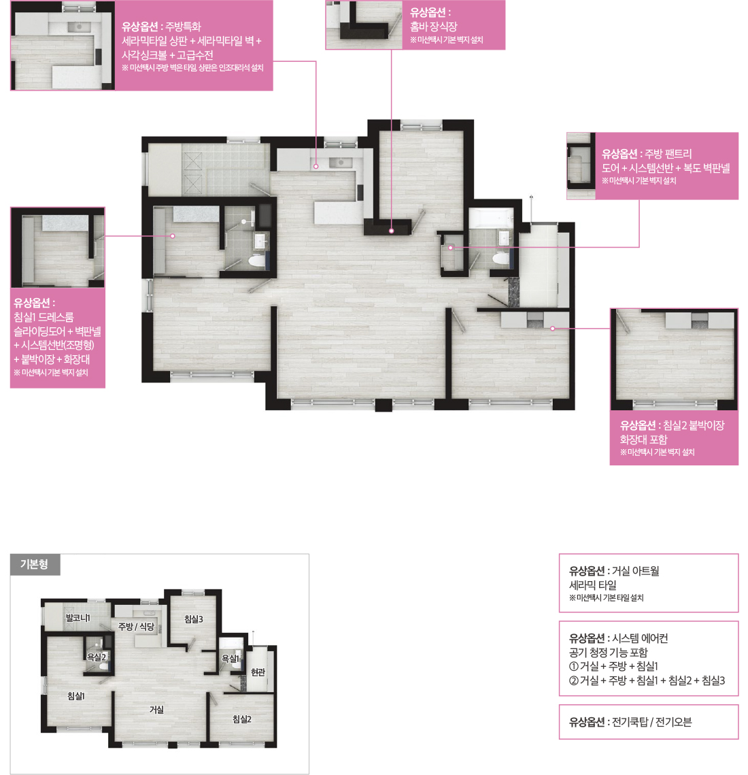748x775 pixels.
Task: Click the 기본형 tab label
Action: point(35,565)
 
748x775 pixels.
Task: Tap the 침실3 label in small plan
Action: point(194,619)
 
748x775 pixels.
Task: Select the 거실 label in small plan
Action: point(156,710)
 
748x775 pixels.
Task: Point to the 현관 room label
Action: point(258,672)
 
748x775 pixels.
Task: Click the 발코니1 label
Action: point(78,618)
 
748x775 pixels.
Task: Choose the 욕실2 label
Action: point(97,657)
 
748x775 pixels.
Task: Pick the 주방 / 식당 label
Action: point(137,627)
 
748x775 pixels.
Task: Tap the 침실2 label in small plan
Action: point(242,720)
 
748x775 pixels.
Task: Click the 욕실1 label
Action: point(231,659)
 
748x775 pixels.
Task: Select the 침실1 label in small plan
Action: point(76,697)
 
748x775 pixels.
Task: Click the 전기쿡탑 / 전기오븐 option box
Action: point(649,722)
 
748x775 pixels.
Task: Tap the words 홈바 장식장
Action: point(434,27)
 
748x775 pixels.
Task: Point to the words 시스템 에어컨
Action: point(640,639)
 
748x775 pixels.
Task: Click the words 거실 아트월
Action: point(635,572)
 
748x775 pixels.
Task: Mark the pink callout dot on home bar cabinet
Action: point(391,231)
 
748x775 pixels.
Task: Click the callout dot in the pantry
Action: point(451,248)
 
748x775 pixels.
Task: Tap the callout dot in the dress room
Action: point(173,236)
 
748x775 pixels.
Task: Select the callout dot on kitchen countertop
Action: point(316,167)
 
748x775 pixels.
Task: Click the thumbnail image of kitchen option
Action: point(63,46)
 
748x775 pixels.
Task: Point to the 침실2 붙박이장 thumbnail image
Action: point(674,359)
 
